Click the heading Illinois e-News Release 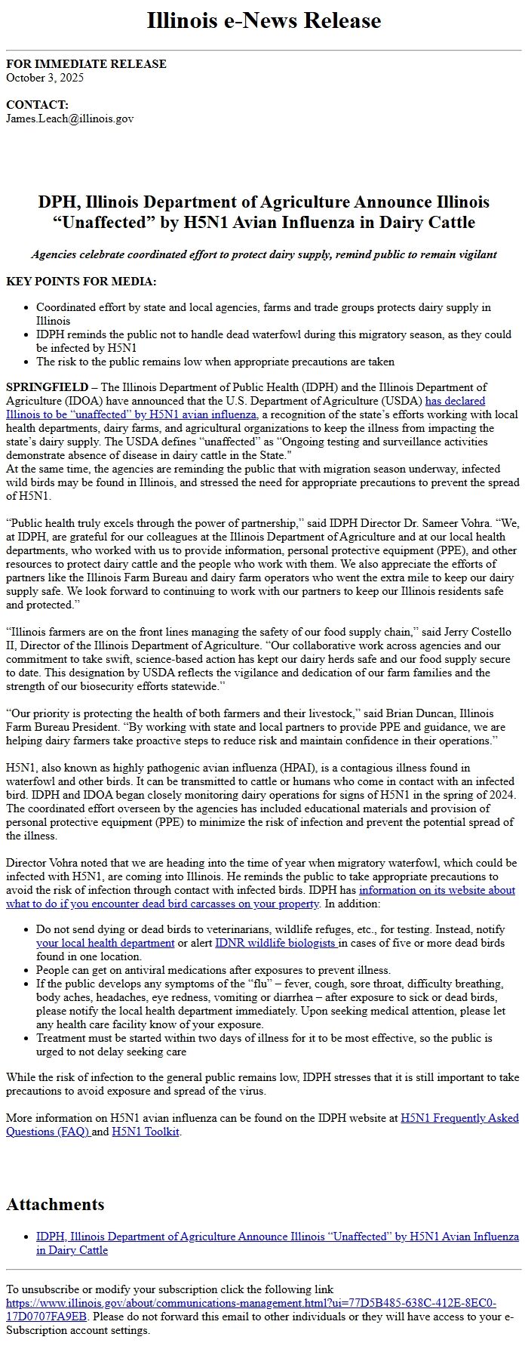pos(263,20)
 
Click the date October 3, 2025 pos(45,78)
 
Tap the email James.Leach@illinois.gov pos(69,119)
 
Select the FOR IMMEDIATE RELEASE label pos(86,64)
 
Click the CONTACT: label pos(37,105)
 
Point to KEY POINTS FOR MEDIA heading pos(81,282)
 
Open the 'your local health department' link pos(105,943)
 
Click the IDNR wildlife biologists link pos(276,943)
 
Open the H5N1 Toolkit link pos(146,1132)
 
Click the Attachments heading pos(55,1204)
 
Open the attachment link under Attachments pos(277,1237)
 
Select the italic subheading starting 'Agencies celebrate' pos(263,254)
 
